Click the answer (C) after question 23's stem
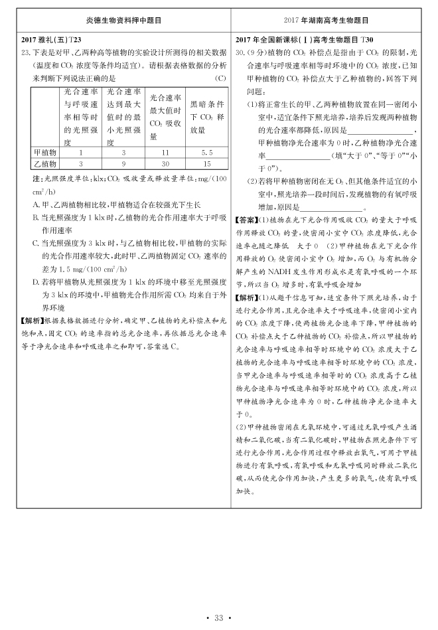pyautogui.click(x=220, y=78)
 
